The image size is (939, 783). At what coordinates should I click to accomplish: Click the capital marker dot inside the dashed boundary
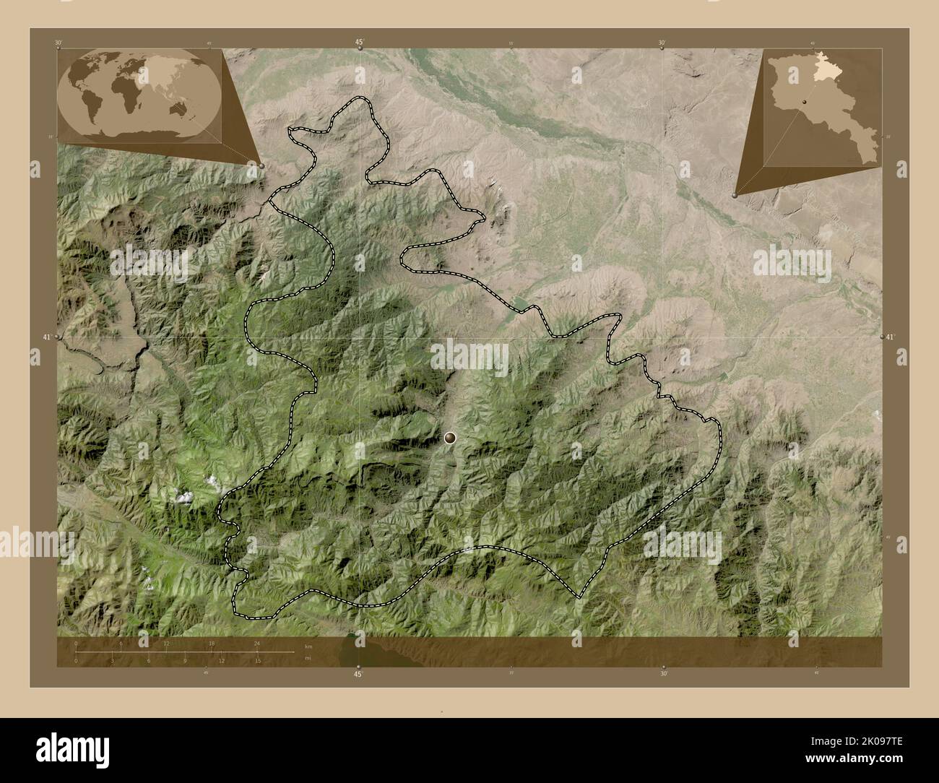tap(451, 437)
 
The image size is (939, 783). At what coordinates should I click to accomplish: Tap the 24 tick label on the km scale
tap(257, 642)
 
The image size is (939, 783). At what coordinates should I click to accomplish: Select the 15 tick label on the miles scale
tap(257, 660)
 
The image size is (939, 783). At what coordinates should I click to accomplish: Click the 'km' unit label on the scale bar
tap(308, 646)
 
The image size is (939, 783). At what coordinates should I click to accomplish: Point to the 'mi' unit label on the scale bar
tap(308, 659)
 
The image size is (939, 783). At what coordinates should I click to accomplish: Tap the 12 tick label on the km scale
tap(166, 642)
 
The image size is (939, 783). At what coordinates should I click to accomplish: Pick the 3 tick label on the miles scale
tap(112, 660)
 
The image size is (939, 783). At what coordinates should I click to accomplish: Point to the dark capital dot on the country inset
tap(802, 103)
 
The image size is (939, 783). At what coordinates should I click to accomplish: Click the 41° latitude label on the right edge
tap(891, 337)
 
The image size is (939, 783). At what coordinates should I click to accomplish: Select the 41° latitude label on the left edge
tap(46, 337)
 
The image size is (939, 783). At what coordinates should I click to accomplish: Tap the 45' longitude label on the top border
tap(359, 43)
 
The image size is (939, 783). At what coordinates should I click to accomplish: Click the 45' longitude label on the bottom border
tap(358, 674)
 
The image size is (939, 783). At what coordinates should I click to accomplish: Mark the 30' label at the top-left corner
tap(58, 43)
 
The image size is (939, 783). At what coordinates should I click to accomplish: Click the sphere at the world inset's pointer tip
tap(261, 165)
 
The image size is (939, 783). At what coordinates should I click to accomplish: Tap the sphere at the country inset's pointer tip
tap(735, 194)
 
